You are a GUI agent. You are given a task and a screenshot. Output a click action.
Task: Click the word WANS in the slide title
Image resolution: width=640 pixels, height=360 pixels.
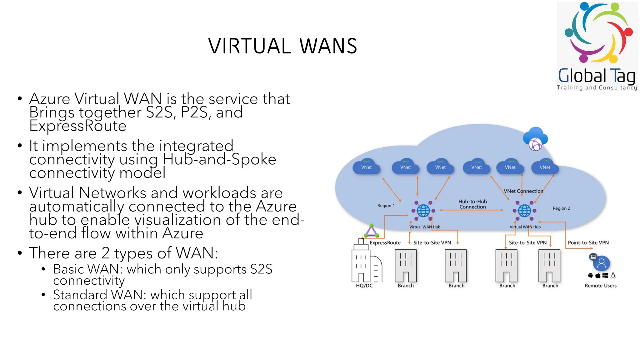click(328, 46)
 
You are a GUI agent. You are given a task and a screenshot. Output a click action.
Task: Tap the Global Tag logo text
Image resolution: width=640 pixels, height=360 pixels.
click(597, 76)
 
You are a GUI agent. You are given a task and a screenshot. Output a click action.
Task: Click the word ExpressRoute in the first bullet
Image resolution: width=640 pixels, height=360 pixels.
click(78, 126)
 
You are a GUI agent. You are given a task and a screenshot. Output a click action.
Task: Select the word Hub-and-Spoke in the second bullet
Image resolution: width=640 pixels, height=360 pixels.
click(219, 159)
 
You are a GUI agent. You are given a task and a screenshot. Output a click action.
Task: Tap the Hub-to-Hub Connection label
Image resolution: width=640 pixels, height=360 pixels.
click(472, 204)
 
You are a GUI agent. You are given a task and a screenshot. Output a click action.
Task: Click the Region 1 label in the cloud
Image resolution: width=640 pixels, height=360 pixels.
click(386, 206)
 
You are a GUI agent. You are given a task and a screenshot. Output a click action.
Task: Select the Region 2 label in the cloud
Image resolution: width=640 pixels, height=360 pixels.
click(561, 208)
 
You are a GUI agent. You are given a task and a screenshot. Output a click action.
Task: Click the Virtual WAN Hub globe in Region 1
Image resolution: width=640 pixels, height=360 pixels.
click(423, 211)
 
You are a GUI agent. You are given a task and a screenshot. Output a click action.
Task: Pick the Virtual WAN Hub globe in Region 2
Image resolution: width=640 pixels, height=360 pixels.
click(525, 211)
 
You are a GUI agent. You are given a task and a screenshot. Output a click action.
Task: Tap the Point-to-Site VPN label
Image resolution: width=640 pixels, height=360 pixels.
click(588, 242)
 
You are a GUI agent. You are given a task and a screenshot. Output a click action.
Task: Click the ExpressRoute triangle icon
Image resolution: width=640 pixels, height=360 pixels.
click(371, 232)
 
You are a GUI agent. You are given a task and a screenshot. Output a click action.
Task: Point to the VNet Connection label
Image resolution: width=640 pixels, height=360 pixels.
click(523, 191)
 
